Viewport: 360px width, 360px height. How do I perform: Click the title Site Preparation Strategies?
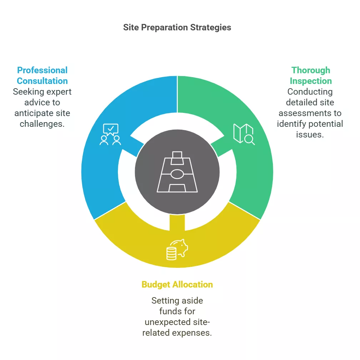(x=177, y=27)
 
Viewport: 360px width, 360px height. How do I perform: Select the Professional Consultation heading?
(x=42, y=76)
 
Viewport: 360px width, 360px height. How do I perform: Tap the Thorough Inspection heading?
(x=311, y=76)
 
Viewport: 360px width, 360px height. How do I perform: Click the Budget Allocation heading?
(x=177, y=284)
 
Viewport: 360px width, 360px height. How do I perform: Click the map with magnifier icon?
(x=244, y=134)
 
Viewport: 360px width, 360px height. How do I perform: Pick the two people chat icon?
(x=110, y=134)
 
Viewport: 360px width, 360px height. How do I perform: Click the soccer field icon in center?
(x=177, y=172)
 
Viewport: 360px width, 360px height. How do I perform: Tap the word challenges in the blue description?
(x=42, y=124)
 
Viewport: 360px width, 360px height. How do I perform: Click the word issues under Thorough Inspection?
(x=310, y=135)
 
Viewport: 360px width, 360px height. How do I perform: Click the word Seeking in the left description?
(x=29, y=92)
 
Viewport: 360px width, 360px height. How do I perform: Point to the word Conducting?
(x=310, y=92)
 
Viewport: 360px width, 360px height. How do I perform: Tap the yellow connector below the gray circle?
(x=177, y=222)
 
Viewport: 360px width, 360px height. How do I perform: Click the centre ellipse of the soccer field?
(x=177, y=174)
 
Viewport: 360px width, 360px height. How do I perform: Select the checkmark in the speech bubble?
(x=111, y=128)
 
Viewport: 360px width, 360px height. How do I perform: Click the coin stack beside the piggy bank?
(x=171, y=254)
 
